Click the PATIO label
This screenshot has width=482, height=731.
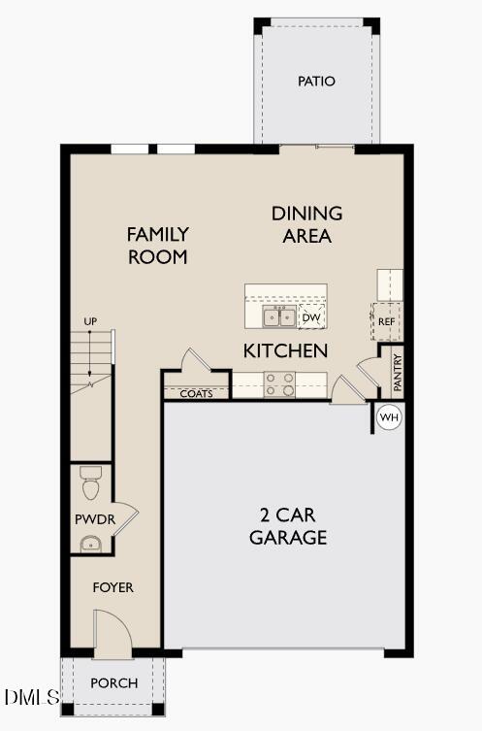[316, 82]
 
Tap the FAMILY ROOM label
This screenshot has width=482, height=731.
[157, 246]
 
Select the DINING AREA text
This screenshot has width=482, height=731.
[306, 224]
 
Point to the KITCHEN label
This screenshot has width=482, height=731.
[285, 350]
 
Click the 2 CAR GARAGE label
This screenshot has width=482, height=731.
[288, 527]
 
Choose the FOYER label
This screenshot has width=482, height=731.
[113, 587]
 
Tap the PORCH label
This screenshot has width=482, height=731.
[113, 683]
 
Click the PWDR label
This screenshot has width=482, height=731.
[94, 519]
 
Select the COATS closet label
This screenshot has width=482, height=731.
[196, 394]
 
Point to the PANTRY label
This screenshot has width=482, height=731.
[398, 373]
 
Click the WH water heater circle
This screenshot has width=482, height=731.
[389, 417]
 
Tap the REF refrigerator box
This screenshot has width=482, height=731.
[387, 321]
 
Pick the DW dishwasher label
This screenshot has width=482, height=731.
[310, 316]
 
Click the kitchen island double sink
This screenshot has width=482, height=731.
[281, 316]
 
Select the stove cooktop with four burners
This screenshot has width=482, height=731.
[281, 384]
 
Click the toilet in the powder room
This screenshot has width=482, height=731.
[91, 480]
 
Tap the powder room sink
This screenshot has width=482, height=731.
[91, 543]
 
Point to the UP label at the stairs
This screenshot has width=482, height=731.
[90, 320]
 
